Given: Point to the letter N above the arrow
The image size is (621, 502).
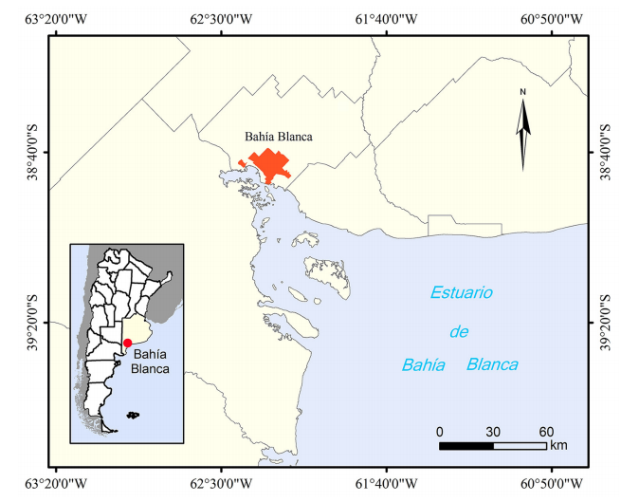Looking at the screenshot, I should click(522, 92).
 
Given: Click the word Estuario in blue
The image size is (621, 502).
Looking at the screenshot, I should click(462, 293).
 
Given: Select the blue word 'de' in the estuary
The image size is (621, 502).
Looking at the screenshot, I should click(460, 331).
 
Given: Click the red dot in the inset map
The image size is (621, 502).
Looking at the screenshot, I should click(127, 343).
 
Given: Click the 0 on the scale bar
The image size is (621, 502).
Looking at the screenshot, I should click(440, 432).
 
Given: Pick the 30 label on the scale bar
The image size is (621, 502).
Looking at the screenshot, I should click(493, 432).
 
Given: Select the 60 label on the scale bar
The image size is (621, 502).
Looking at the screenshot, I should click(546, 432).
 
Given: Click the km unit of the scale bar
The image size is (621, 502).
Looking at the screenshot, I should click(558, 445).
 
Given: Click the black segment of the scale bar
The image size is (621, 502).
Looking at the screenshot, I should click(466, 445).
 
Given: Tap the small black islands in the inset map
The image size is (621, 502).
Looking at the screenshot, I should click(135, 415).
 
